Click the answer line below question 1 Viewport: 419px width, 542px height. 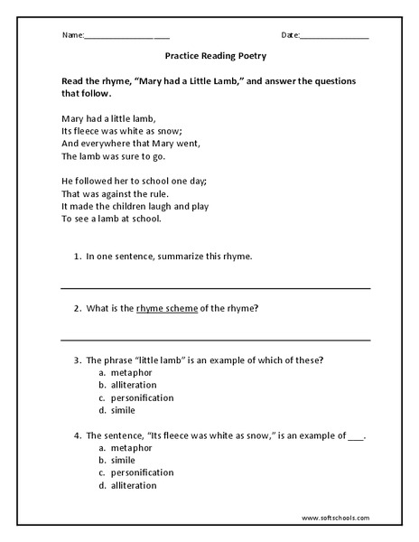tap(215, 288)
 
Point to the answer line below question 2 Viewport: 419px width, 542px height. tap(215, 341)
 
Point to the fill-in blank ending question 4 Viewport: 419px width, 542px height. tap(356, 435)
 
